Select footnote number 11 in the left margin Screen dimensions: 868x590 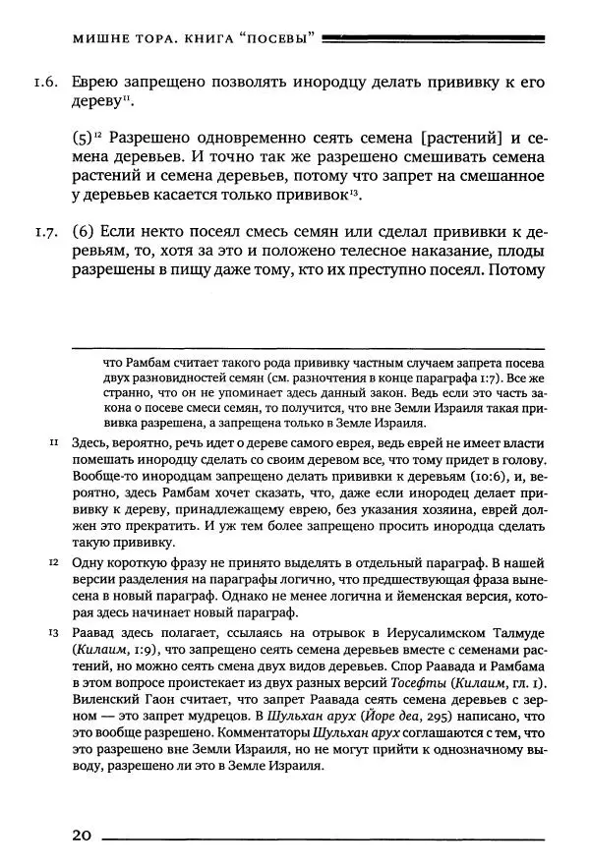point(56,444)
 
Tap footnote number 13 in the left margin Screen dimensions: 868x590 point(56,634)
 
